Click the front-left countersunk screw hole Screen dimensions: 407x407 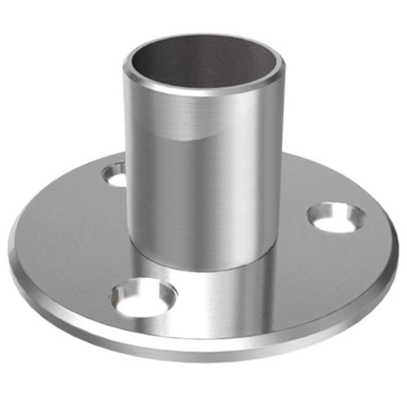144,298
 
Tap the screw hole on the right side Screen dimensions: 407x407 336,217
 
